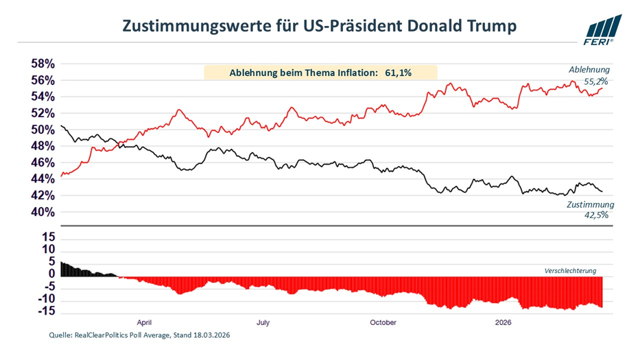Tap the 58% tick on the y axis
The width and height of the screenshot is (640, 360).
click(40, 64)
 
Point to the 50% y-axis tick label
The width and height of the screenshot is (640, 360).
click(40, 130)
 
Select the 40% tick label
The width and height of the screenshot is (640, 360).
click(40, 212)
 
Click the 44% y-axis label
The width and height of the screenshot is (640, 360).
click(40, 179)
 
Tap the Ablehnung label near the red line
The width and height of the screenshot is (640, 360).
click(589, 69)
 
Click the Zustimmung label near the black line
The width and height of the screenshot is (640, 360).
click(590, 204)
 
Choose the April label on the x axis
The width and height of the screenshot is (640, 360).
click(144, 321)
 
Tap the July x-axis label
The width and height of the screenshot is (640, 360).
click(263, 321)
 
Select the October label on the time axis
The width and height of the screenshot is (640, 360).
click(383, 321)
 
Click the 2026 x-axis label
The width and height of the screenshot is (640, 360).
click(504, 321)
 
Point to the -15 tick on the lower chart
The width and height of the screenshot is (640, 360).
click(46, 312)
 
